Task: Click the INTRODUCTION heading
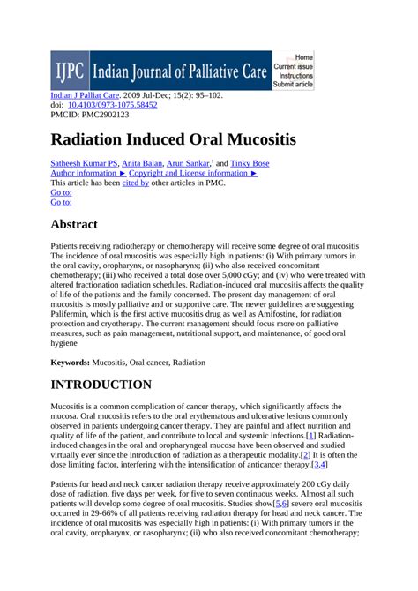101,385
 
